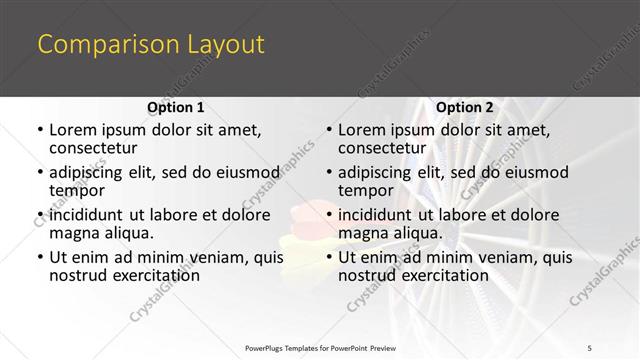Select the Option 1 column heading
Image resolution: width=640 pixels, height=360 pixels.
click(176, 107)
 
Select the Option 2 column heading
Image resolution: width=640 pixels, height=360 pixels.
click(465, 107)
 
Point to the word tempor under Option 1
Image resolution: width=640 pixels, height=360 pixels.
click(75, 190)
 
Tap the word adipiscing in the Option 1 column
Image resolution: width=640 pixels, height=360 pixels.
click(88, 172)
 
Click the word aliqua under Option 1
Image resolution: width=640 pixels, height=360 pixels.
click(129, 233)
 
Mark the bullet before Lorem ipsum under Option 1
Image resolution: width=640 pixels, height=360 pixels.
click(39, 131)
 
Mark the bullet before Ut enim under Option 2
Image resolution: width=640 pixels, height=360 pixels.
click(328, 257)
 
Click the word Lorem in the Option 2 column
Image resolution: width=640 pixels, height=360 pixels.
click(361, 130)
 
